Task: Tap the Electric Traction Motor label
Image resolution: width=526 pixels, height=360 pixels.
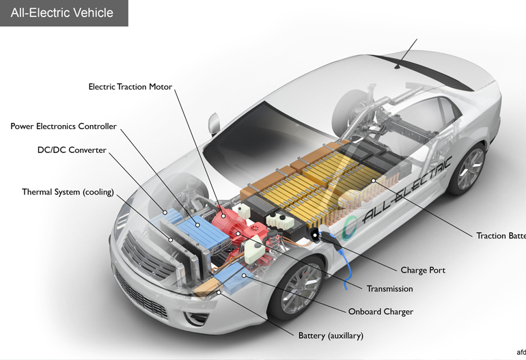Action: [x=130, y=87]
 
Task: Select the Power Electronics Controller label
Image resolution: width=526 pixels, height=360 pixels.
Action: [x=64, y=126]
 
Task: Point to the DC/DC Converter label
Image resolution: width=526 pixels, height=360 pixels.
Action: [x=72, y=150]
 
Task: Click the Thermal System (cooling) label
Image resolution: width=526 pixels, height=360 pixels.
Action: [x=68, y=192]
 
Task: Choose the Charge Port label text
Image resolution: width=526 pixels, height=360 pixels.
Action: [x=423, y=270]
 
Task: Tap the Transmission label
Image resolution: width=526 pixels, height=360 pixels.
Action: [x=389, y=289]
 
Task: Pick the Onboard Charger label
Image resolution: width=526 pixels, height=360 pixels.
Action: [x=380, y=311]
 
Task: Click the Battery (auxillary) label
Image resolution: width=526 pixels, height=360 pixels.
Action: [x=331, y=335]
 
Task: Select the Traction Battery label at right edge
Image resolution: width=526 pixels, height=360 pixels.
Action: [x=501, y=236]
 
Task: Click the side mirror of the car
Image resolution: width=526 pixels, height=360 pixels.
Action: [x=214, y=122]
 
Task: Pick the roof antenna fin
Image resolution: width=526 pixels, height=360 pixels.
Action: [x=399, y=65]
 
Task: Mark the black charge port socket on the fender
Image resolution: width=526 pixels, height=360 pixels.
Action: [x=316, y=235]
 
